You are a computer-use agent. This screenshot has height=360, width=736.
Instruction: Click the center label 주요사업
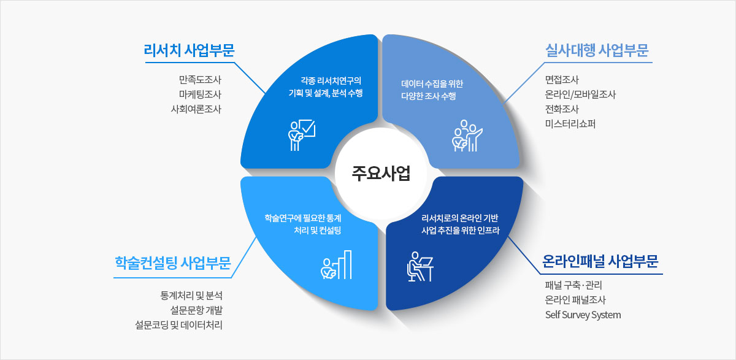pyautogui.click(x=380, y=173)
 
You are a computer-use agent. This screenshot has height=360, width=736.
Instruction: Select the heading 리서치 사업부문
pyautogui.click(x=189, y=50)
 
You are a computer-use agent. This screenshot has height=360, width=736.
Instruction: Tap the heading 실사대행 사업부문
pyautogui.click(x=597, y=50)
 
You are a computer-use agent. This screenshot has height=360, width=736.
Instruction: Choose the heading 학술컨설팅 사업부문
pyautogui.click(x=172, y=264)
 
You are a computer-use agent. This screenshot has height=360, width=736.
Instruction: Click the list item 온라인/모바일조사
pyautogui.click(x=580, y=94)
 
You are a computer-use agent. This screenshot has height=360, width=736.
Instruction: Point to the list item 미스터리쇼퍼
pyautogui.click(x=570, y=124)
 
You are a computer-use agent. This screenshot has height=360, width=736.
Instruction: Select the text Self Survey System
pyautogui.click(x=583, y=315)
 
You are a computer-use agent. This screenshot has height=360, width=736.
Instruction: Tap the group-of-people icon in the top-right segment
pyautogui.click(x=466, y=136)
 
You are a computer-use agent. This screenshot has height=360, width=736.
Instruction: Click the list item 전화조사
pyautogui.click(x=562, y=109)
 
